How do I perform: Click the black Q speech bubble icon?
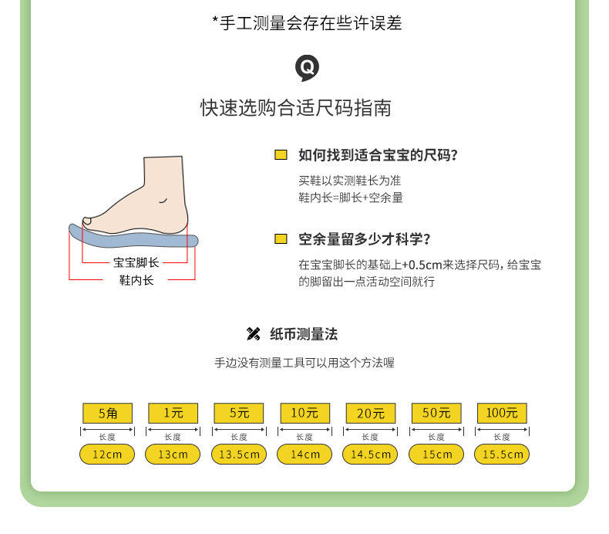click(x=307, y=68)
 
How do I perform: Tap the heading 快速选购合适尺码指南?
click(x=296, y=107)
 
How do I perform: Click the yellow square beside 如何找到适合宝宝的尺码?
click(x=281, y=155)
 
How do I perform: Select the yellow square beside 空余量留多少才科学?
click(x=281, y=239)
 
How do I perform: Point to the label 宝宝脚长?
click(x=136, y=262)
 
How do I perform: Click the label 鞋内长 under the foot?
click(x=136, y=280)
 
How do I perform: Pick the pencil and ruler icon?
click(x=253, y=334)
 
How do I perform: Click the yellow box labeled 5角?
click(x=107, y=413)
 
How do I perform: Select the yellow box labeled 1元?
click(x=173, y=413)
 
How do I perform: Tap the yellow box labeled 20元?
click(x=370, y=413)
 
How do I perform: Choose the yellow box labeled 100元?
click(x=502, y=413)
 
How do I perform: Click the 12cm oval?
click(x=107, y=455)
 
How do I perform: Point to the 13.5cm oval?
click(x=239, y=455)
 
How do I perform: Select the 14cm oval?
click(x=304, y=455)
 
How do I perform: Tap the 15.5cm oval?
click(x=502, y=455)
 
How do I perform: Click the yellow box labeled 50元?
click(x=436, y=413)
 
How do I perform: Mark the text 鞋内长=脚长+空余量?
click(x=351, y=198)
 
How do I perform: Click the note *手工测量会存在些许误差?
click(x=307, y=24)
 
